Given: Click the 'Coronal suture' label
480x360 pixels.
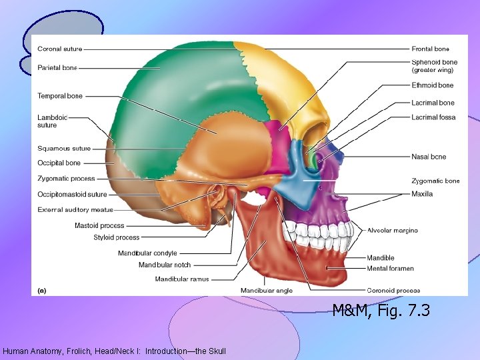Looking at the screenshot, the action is click(60, 49).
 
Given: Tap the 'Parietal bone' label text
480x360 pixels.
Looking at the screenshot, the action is click(57, 68).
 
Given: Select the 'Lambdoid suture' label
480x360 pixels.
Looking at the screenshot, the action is click(53, 121).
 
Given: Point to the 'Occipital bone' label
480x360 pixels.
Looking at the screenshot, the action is click(59, 163).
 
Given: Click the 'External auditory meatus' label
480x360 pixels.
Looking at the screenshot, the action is click(75, 210).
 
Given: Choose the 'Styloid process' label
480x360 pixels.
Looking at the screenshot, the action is click(117, 237).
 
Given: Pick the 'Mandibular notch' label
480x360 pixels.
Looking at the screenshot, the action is click(164, 265).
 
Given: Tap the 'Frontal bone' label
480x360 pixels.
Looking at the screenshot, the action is click(430, 49).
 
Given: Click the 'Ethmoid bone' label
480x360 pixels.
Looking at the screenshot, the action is click(432, 85).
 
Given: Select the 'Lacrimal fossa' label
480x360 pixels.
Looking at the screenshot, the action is click(433, 117).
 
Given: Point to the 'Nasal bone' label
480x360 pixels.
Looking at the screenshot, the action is click(429, 157).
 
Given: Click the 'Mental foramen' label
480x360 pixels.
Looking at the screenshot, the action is click(390, 269).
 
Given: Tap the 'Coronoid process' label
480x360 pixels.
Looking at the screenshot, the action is click(393, 291).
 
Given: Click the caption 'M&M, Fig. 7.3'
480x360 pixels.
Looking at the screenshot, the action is click(381, 310).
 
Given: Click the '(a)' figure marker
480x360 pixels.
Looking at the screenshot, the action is click(41, 290).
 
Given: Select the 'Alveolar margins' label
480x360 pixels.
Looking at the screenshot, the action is click(393, 231).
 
